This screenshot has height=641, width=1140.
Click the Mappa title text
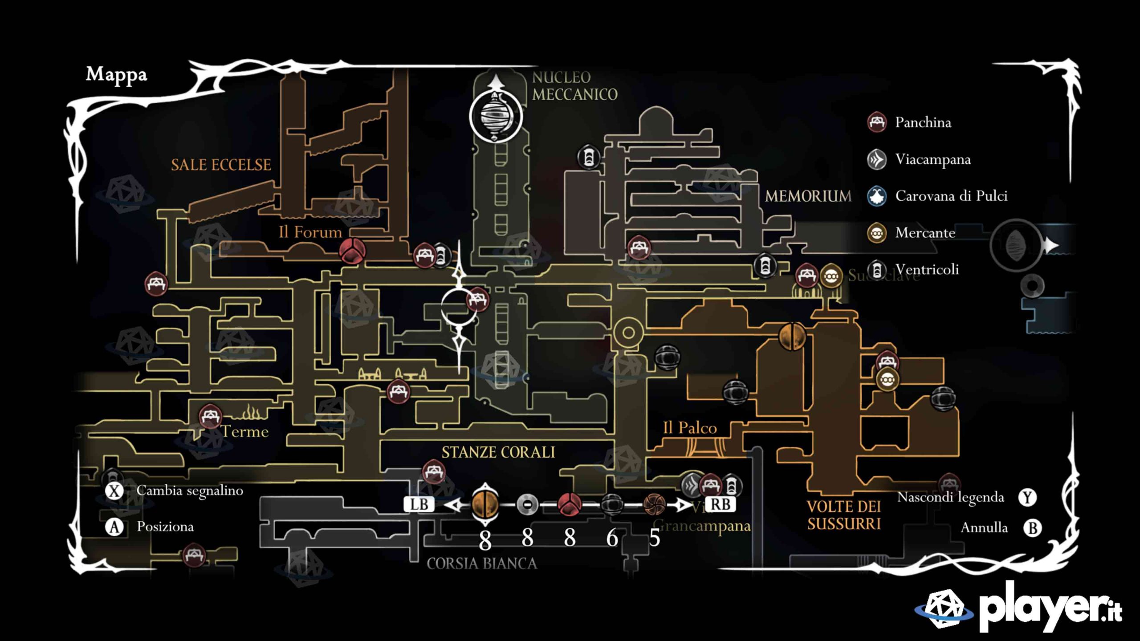click(116, 75)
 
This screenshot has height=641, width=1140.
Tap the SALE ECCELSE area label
click(221, 165)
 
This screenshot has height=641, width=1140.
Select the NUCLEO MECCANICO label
click(574, 86)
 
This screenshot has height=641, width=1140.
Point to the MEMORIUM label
click(808, 196)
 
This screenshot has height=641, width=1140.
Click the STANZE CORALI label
click(498, 452)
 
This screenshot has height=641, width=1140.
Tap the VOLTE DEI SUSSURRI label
click(844, 515)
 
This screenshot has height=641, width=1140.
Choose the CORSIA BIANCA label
click(482, 564)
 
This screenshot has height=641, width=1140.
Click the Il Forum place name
click(310, 232)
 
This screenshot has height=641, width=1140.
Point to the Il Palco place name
click(690, 428)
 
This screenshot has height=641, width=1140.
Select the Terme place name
click(245, 432)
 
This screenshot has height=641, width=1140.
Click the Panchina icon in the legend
click(877, 122)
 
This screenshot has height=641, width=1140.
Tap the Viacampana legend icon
click(877, 159)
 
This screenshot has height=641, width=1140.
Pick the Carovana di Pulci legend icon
click(877, 196)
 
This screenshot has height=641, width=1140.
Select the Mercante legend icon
click(877, 233)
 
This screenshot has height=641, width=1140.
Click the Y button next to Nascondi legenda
click(1027, 497)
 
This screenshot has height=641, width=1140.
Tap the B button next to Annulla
click(1032, 528)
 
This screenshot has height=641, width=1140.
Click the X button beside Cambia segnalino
click(114, 491)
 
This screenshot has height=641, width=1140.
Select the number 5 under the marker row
click(654, 539)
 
